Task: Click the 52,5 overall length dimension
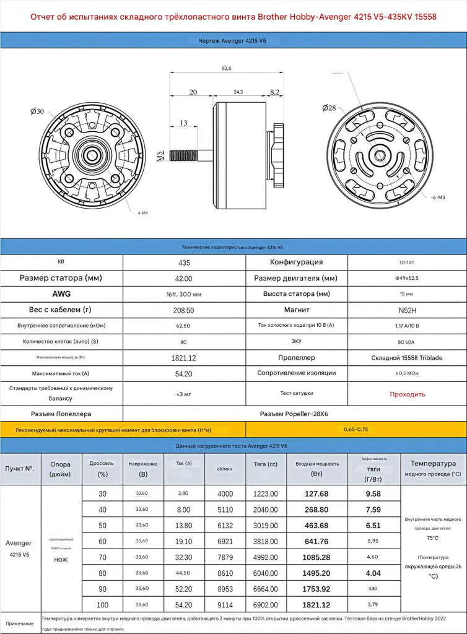226,69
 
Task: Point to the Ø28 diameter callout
329,108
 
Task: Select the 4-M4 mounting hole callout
142,213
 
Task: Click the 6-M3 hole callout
438,198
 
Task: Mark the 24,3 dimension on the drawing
238,92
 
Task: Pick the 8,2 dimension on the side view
274,92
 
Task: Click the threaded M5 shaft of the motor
186,152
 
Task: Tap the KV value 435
184,263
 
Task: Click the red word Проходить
407,394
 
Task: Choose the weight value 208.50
184,310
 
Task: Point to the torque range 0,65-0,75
356,429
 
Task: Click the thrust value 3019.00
266,525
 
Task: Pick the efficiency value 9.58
373,493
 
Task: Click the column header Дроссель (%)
102,469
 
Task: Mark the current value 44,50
183,573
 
